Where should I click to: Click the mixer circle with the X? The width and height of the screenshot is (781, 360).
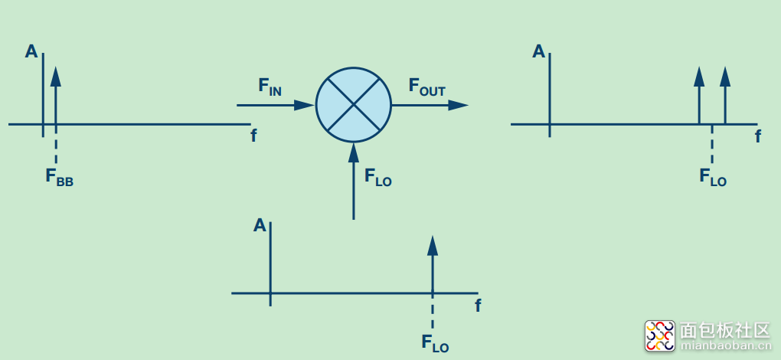coord(353,105)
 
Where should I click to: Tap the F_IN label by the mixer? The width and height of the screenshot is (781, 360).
coord(270,86)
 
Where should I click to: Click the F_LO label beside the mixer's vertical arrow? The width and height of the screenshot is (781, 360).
coord(377,178)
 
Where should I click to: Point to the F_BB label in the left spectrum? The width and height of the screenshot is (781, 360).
coord(59,177)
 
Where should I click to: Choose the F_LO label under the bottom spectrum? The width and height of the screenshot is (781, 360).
coord(435,342)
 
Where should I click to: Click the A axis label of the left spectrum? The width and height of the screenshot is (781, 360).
coord(31,51)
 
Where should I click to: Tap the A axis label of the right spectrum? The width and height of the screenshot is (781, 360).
coord(539,51)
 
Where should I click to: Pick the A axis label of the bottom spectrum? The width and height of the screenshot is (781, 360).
coord(260,225)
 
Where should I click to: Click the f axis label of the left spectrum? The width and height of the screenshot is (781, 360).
coord(253,136)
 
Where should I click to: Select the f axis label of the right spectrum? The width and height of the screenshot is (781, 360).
coord(758,136)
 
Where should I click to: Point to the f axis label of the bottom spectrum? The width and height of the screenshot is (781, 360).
coord(478,305)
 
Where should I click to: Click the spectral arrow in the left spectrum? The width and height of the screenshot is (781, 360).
coord(55,96)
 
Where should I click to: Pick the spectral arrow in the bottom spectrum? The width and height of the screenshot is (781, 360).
coord(433,264)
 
